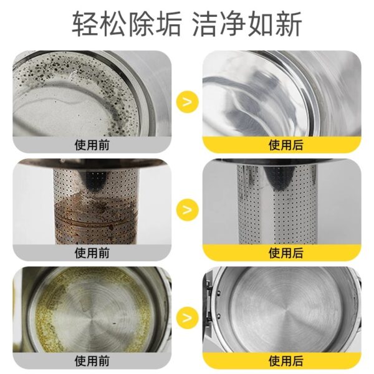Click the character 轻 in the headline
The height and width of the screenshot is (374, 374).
click(85, 24)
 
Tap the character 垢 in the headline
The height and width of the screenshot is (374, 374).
click(168, 24)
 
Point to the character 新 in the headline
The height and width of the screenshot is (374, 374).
click(289, 24)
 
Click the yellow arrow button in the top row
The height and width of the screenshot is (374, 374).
click(188, 102)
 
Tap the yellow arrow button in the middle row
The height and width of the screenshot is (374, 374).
click(188, 209)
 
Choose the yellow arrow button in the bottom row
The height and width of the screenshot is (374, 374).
click(188, 318)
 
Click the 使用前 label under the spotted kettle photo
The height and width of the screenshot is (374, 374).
click(92, 145)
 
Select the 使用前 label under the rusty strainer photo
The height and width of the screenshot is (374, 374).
click(92, 253)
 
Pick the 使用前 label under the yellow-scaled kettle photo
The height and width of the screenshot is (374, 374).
click(92, 361)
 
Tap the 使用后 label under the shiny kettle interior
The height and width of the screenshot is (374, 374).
click(285, 145)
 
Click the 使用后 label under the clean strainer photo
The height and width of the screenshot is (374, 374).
click(285, 253)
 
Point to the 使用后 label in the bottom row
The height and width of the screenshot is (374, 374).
click(285, 361)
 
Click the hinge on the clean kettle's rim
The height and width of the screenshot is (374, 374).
click(208, 303)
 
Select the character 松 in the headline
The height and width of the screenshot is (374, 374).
click(113, 24)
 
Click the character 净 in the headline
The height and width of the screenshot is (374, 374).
click(233, 24)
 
